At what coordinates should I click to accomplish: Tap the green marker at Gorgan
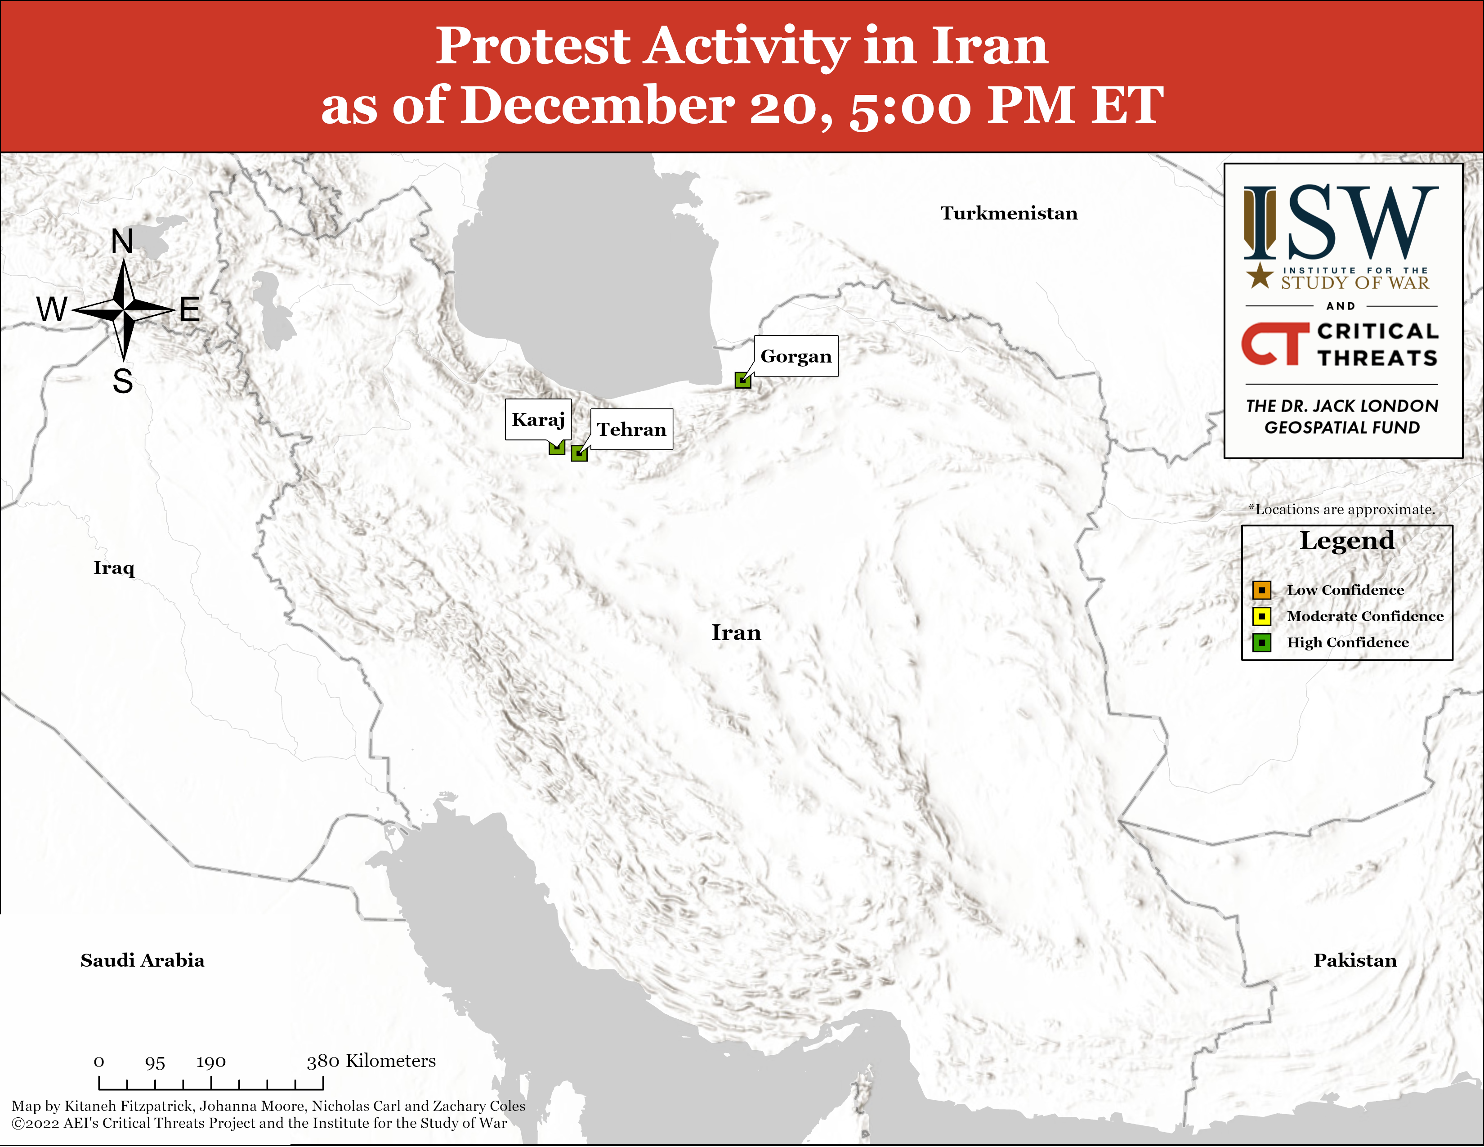pos(743,381)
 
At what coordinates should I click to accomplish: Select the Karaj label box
pos(538,419)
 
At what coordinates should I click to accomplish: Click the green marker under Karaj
pos(557,447)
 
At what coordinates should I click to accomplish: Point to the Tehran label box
pos(631,429)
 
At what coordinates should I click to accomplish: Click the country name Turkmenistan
pos(1009,213)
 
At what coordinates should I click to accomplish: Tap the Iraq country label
pos(114,568)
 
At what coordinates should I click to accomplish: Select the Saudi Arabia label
pos(143,960)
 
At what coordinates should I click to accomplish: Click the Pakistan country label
pos(1355,960)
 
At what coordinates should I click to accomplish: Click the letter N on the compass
pos(122,241)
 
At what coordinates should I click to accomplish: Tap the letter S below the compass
pos(123,381)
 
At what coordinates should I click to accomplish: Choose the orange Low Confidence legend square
pos(1262,590)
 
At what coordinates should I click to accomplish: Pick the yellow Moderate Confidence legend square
pos(1262,616)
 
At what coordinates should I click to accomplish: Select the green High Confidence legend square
pos(1262,642)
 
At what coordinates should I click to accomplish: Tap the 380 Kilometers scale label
pos(371,1061)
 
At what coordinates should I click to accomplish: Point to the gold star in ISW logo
pos(1260,275)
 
